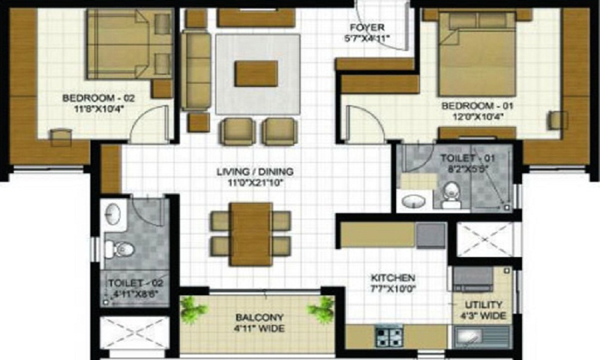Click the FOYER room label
(x=367, y=28)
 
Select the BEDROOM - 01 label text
(x=478, y=106)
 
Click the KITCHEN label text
(x=393, y=278)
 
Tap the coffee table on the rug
(x=256, y=73)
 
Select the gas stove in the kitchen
(x=389, y=336)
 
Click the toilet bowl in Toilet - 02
(x=122, y=248)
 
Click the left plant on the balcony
(x=193, y=311)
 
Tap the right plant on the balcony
(x=320, y=311)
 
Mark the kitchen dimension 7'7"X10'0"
(x=393, y=289)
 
